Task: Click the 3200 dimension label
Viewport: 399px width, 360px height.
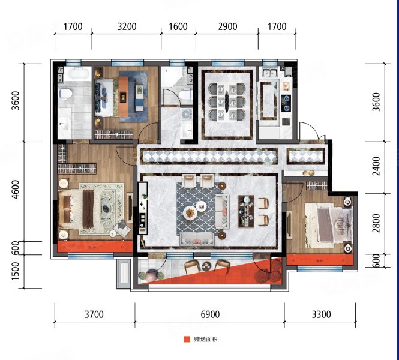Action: pos(127,26)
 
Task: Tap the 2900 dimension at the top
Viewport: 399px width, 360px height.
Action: pos(227,26)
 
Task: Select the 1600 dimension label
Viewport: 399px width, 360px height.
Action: pos(178,26)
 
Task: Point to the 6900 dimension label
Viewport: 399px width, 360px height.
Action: pos(210,314)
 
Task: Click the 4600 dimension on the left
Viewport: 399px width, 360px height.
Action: pos(16,190)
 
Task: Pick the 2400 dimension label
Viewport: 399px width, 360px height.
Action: pos(376,166)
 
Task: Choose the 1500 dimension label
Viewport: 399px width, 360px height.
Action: pos(16,271)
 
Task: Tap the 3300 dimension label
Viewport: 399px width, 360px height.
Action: pos(321,314)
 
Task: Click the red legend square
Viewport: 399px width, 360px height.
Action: pos(187,339)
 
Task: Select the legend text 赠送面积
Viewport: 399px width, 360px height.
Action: pos(206,339)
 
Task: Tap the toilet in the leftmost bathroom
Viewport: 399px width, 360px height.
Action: pos(65,94)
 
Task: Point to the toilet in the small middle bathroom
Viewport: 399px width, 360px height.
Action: pos(185,95)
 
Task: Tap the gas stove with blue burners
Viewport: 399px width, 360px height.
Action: pos(287,104)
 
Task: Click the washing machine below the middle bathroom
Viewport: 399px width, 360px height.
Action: pos(187,114)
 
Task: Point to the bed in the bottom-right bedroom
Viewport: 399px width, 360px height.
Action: pos(329,225)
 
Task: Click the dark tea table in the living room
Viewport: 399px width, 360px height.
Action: pos(246,211)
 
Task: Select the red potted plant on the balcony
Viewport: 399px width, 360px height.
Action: pos(269,271)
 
